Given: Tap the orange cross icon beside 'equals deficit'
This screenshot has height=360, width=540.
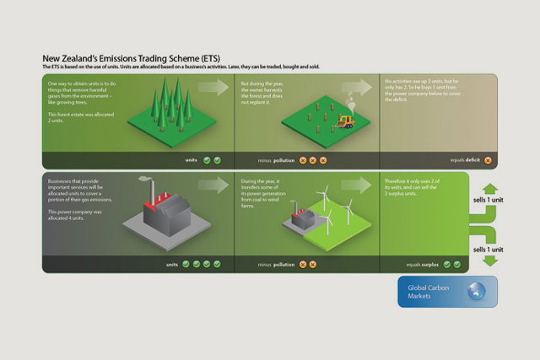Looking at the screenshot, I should (x=488, y=159).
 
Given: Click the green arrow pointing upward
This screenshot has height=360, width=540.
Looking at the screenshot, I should (x=490, y=189).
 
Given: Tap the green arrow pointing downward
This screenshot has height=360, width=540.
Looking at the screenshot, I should (x=490, y=261).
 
